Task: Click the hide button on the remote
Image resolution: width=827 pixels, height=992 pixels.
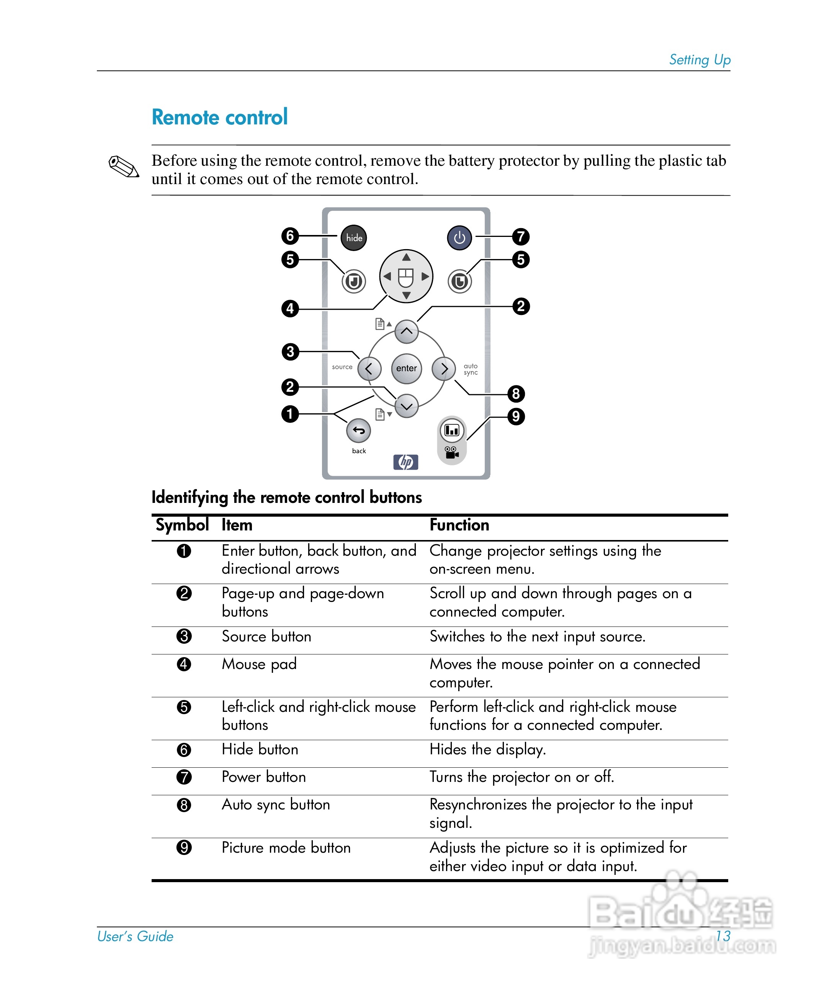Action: (353, 238)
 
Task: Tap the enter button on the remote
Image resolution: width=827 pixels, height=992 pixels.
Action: (406, 369)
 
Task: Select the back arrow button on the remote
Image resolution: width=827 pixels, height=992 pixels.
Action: (359, 430)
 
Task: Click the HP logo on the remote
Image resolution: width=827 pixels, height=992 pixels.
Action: (406, 462)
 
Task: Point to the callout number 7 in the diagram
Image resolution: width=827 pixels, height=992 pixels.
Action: (521, 236)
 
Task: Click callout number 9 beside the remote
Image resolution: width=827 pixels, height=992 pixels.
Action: (516, 416)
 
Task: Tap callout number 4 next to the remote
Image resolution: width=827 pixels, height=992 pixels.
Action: (290, 308)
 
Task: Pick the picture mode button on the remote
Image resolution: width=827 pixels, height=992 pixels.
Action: (452, 430)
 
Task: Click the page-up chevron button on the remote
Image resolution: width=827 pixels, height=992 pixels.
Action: (406, 331)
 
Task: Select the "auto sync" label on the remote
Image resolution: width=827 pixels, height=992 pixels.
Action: (471, 369)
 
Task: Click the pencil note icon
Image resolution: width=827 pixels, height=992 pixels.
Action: (123, 167)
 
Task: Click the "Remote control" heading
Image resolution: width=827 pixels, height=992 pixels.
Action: (220, 117)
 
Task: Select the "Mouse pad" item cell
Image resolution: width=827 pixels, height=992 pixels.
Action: (259, 664)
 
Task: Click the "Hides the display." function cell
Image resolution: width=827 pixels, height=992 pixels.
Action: (488, 750)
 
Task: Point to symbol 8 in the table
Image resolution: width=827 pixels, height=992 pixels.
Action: (184, 804)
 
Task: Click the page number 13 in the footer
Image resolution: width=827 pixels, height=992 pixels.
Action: (722, 936)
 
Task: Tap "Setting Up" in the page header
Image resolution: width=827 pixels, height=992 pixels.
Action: (700, 60)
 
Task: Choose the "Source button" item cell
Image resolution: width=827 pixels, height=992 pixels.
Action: (266, 636)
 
